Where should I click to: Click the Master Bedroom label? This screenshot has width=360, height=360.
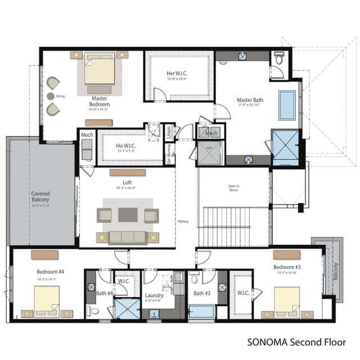[x=100, y=101]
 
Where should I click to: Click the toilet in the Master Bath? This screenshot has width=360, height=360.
[x=280, y=59]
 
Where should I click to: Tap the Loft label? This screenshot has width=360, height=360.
[x=127, y=182]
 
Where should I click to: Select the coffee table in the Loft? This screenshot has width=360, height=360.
[x=128, y=215]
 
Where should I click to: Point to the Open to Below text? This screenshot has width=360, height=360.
[x=233, y=188]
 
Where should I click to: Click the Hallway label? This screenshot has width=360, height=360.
[x=183, y=221]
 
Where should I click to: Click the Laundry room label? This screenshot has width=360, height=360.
[x=154, y=295]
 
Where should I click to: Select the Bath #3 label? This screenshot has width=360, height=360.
[x=202, y=292]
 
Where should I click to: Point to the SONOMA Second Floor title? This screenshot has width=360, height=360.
[x=296, y=341]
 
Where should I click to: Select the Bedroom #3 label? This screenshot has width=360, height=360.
[x=285, y=266]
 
